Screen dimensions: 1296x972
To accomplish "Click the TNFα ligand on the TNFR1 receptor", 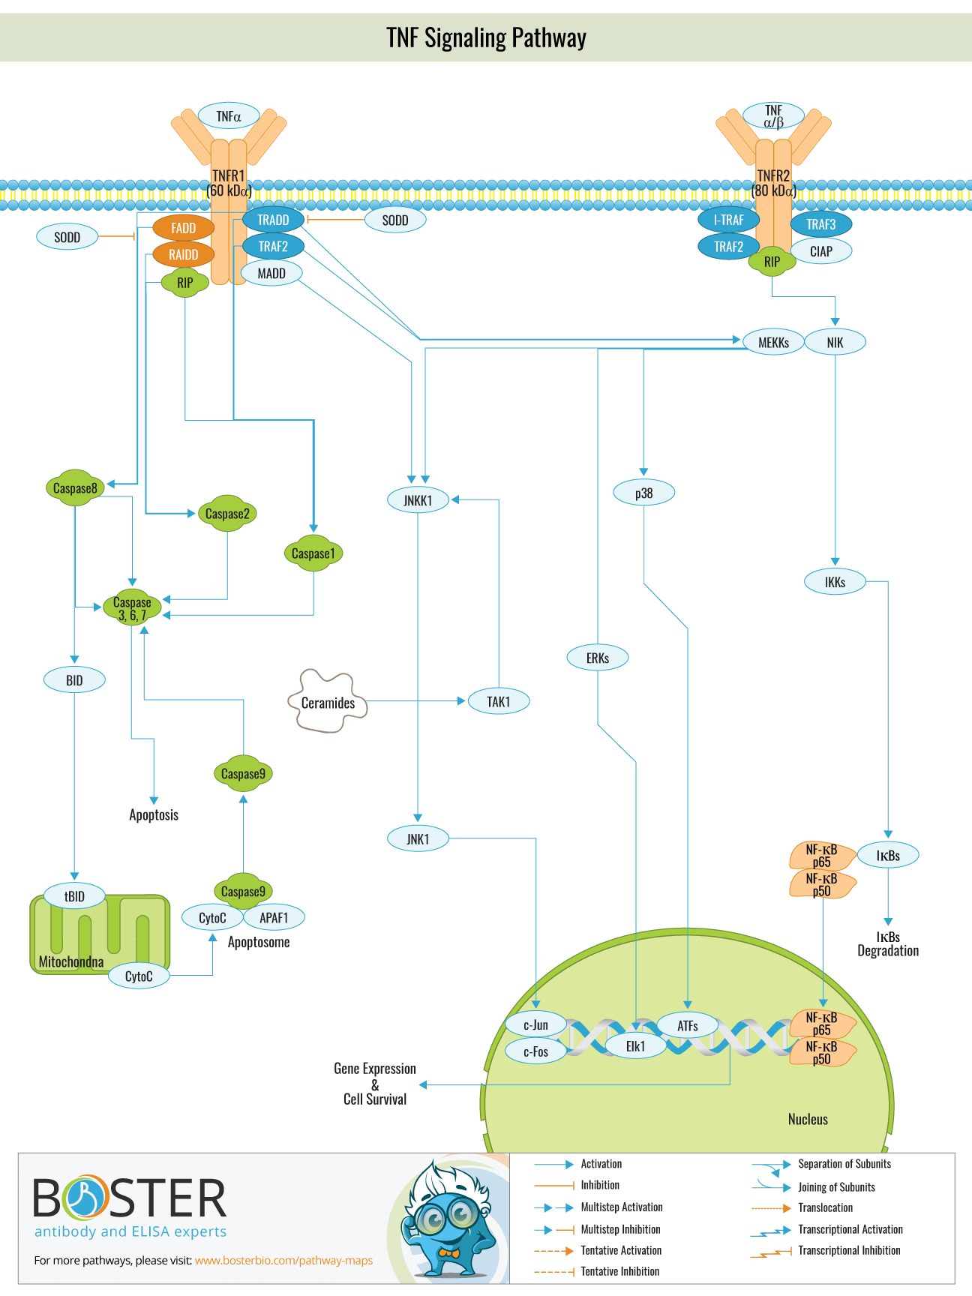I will point(229,116).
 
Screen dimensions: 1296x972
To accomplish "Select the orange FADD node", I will point(183,228).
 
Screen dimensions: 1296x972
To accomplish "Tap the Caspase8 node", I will point(75,488).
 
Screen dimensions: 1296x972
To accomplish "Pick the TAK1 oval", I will point(498,702).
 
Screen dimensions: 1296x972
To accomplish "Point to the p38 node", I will point(643,493).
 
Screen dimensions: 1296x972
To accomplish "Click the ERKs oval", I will point(597,658).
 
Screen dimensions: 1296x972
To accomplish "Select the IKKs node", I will point(835,582).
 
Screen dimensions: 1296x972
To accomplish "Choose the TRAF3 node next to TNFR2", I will point(820,224).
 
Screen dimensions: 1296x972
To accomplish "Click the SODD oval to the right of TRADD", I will point(395,220).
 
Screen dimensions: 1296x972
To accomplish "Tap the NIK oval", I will point(835,343).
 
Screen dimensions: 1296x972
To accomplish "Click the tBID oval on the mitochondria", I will point(74,896).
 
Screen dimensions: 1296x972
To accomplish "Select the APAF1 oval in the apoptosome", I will point(274,918).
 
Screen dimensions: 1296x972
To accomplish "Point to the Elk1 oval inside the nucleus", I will point(635,1046).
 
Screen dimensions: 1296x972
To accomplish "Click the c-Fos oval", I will point(535,1051).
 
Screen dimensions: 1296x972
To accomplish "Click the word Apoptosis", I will point(154,815).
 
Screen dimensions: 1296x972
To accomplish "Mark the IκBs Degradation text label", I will point(888,944).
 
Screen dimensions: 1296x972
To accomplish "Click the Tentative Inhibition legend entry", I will point(619,1271).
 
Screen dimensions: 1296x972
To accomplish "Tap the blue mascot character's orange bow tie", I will point(448,1252).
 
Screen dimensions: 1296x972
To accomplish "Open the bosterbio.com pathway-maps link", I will point(283,1261).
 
